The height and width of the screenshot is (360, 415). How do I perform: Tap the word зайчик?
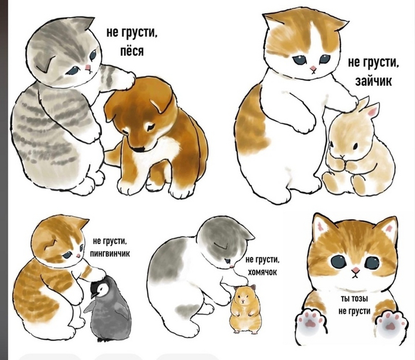coord(373,81)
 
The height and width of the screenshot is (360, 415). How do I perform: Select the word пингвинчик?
coord(110,254)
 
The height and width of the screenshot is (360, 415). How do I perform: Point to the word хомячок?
coord(262,272)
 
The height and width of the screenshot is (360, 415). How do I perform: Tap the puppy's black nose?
coord(139,149)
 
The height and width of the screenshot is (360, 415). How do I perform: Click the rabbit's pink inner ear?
coord(373,111)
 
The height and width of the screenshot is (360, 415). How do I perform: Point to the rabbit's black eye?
coord(356,146)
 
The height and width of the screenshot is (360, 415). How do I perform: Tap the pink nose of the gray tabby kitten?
coord(87,68)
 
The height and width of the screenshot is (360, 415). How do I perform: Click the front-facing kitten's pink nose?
coord(356,270)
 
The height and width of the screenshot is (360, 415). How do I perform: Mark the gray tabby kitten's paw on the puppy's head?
coord(124,79)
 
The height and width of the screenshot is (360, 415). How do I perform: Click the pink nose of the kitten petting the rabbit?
coord(314,68)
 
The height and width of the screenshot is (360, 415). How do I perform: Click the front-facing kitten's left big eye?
coord(338,262)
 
